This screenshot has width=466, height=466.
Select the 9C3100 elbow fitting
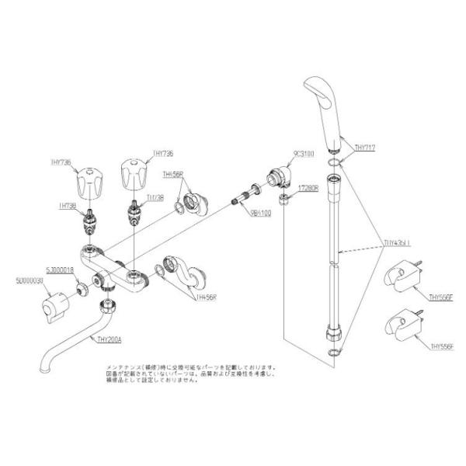click(277, 178)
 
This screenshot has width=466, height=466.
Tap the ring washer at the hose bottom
click(335, 353)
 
